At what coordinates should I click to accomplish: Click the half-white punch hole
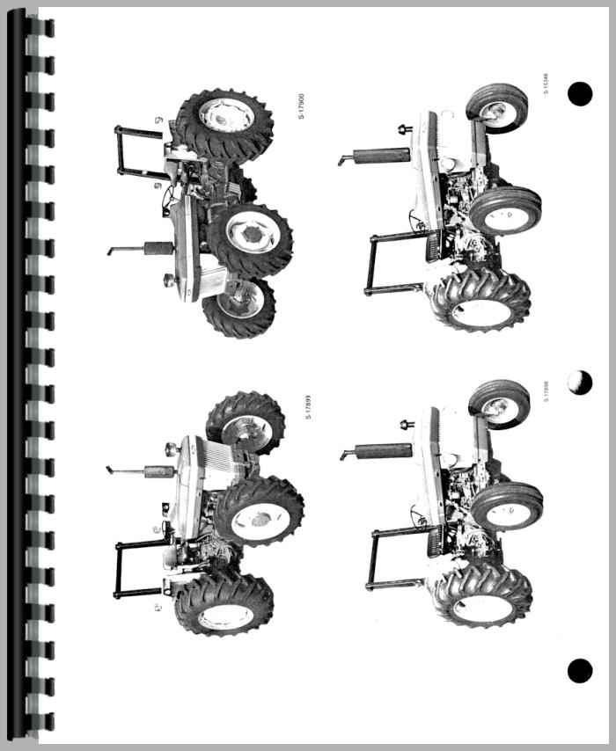[579, 382]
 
